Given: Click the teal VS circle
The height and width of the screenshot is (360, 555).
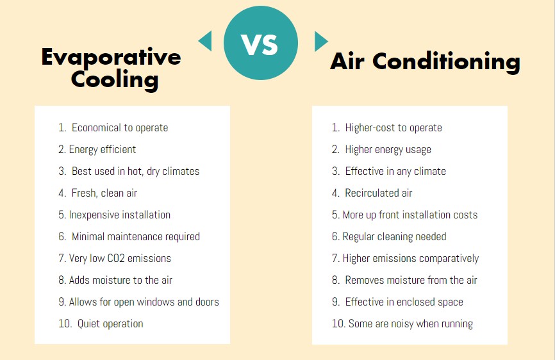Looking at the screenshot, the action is pyautogui.click(x=261, y=43).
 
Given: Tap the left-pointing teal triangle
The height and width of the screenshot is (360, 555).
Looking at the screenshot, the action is pyautogui.click(x=205, y=41).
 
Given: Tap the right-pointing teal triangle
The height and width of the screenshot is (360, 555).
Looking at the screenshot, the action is pyautogui.click(x=320, y=42).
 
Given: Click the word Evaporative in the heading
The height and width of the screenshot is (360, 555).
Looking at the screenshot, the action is pyautogui.click(x=111, y=57).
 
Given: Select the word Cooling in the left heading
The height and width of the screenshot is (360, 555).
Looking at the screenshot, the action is pyautogui.click(x=115, y=80).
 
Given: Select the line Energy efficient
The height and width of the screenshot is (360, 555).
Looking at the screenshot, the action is pyautogui.click(x=97, y=150).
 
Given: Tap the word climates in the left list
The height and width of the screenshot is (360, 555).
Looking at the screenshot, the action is pyautogui.click(x=181, y=171).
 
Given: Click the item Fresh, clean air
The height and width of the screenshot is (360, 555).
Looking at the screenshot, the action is pyautogui.click(x=97, y=193).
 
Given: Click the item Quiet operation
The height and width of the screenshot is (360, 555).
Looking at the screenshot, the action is pyautogui.click(x=101, y=324).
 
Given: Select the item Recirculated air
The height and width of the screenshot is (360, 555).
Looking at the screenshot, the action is pyautogui.click(x=372, y=193).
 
